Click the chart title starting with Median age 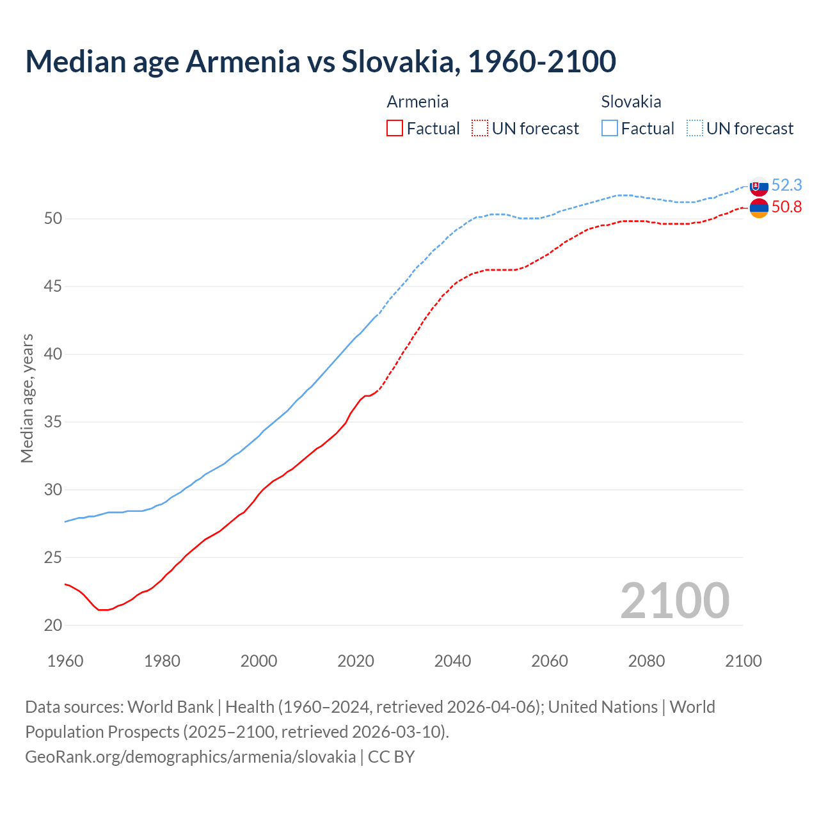pos(321,61)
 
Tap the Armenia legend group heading pos(417,102)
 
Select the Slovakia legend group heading pos(631,102)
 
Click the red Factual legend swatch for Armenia pos(395,129)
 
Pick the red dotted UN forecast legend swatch pos(480,129)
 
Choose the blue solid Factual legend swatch pos(610,129)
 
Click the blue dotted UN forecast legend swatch pos(695,129)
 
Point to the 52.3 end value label pos(786,185)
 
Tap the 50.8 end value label pos(786,207)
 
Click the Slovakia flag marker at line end pos(759,186)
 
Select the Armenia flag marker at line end pos(759,208)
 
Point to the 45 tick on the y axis pos(53,286)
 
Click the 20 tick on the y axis pos(53,625)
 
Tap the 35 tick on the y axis pos(53,422)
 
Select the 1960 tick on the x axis pos(65,661)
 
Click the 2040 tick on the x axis pos(452,661)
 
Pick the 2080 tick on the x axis pos(646,661)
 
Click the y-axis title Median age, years pos(27,398)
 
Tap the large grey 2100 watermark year pos(674,600)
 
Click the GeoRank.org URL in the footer pos(190,757)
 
